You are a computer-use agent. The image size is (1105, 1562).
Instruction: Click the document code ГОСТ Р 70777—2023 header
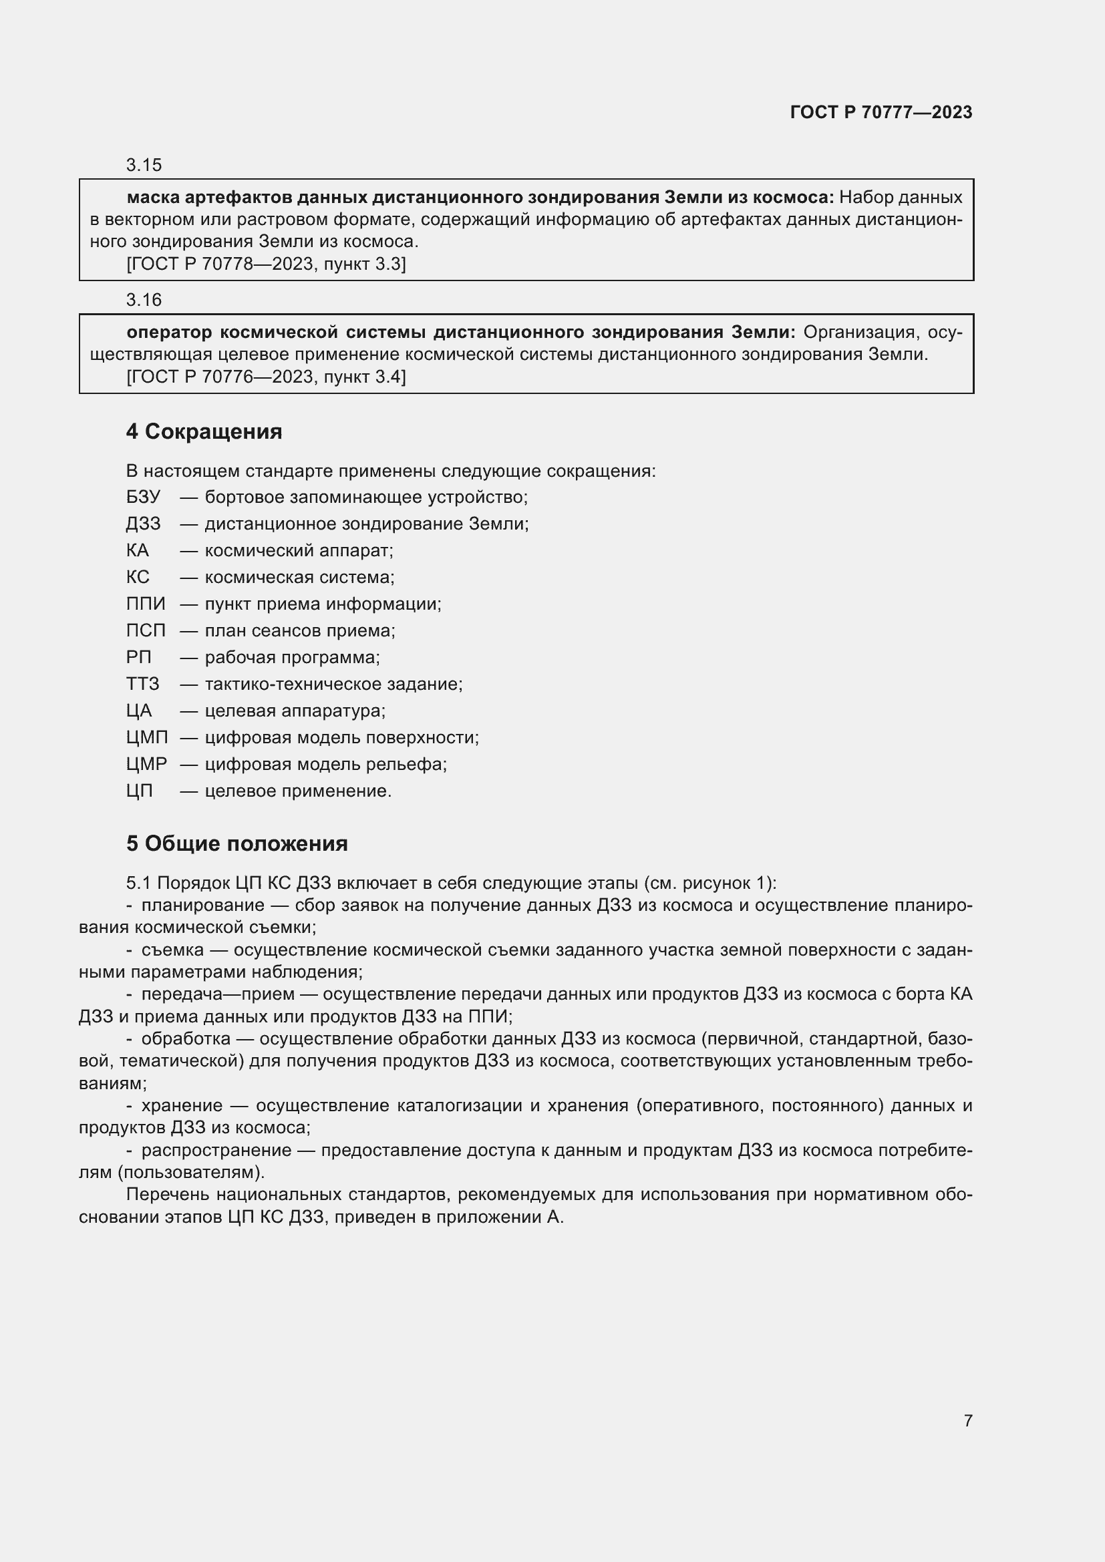tap(881, 112)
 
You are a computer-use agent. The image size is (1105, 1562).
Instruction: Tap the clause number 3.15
tap(144, 165)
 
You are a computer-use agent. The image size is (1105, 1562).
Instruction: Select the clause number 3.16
tap(144, 299)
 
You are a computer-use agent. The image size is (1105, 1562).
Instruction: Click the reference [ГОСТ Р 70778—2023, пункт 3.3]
tap(266, 264)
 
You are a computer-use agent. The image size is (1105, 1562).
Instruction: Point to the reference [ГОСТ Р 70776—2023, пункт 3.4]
tap(266, 377)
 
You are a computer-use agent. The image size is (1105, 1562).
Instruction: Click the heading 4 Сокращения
tap(204, 431)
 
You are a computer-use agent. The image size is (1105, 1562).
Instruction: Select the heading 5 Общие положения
tap(236, 843)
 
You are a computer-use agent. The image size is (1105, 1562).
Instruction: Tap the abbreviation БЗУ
tap(143, 498)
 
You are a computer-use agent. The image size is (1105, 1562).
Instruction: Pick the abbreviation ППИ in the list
tap(146, 604)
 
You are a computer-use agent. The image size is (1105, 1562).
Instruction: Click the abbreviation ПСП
tap(146, 630)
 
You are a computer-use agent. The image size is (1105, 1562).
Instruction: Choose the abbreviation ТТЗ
tap(143, 684)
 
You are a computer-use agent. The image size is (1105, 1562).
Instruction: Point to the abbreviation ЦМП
tap(147, 737)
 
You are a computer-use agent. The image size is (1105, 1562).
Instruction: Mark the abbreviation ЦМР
tap(146, 764)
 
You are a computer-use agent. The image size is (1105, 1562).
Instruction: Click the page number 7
tap(967, 1420)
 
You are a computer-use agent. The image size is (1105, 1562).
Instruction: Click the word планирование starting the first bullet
tap(203, 905)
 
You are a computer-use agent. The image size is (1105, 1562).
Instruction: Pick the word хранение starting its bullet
tap(182, 1105)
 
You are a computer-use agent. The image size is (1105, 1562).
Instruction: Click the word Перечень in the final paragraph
tap(166, 1195)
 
